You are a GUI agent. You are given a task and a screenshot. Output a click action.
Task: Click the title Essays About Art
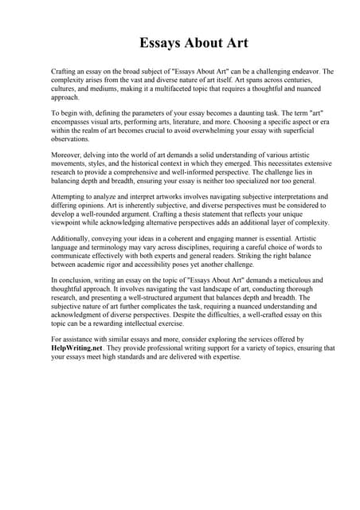coord(179,41)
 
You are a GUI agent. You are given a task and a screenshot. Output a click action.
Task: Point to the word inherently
coord(126,214)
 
